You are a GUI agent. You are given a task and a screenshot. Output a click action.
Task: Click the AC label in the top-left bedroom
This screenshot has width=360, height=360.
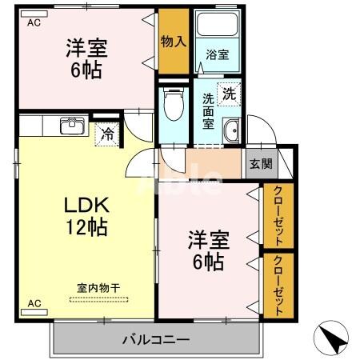click(33, 23)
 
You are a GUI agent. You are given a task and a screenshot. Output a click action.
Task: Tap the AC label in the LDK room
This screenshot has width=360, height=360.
click(34, 303)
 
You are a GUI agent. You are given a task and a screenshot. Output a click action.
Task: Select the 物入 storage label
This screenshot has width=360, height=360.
click(173, 41)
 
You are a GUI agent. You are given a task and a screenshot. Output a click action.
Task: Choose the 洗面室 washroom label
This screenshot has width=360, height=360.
click(208, 112)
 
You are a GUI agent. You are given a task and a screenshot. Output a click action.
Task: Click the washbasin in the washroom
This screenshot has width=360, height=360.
click(232, 131)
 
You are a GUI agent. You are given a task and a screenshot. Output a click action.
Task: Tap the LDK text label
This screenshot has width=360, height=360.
click(86, 205)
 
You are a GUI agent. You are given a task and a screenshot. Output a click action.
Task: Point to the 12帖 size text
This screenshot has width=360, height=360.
click(86, 226)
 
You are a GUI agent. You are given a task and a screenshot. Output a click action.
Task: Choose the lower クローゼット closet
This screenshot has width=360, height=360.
click(278, 284)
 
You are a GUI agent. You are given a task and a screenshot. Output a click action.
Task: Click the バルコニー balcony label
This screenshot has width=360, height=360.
click(156, 340)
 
